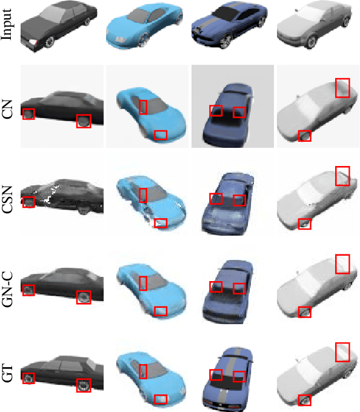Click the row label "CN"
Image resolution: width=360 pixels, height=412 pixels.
point(7,109)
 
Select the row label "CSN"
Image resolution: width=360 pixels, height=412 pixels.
point(7,199)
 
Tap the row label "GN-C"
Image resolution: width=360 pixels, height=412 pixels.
point(7,289)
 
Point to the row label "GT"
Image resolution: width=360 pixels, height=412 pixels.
point(7,373)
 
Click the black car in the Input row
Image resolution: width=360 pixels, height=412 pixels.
point(58,26)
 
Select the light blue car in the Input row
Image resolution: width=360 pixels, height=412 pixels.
point(144,26)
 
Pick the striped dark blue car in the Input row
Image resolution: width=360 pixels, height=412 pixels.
point(230,25)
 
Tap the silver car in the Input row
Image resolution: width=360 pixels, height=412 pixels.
point(315,25)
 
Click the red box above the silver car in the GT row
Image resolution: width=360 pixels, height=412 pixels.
point(342,352)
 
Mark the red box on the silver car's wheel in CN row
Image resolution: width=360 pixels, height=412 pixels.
point(305,136)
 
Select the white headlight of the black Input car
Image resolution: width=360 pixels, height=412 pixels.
point(33,42)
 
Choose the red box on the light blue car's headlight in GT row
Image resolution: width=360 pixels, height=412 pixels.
point(161,399)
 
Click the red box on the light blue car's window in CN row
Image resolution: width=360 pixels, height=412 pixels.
point(143,107)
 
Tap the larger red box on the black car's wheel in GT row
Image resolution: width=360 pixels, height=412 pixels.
point(84,385)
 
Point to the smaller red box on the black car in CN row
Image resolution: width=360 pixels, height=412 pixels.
point(28,114)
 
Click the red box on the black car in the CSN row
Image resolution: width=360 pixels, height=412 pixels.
point(28,202)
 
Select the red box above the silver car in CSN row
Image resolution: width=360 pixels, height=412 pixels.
point(342,176)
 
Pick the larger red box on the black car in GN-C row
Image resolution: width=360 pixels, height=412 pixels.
point(84,297)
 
